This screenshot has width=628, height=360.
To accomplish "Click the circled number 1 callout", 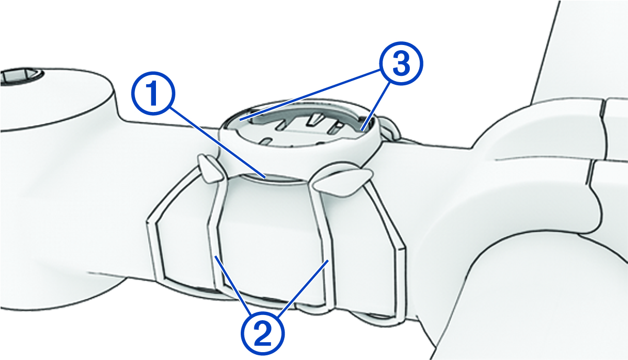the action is tap(153, 94).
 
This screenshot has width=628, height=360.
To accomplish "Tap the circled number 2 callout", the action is tap(263, 333).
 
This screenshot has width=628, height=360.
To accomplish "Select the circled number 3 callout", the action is tap(401, 63).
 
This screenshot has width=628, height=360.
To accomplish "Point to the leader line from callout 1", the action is tap(218, 143).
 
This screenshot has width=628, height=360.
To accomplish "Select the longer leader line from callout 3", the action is tap(310, 94).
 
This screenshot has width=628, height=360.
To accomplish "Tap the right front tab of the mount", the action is tap(342, 182).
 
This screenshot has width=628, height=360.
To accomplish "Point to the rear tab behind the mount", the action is tap(391, 128).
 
